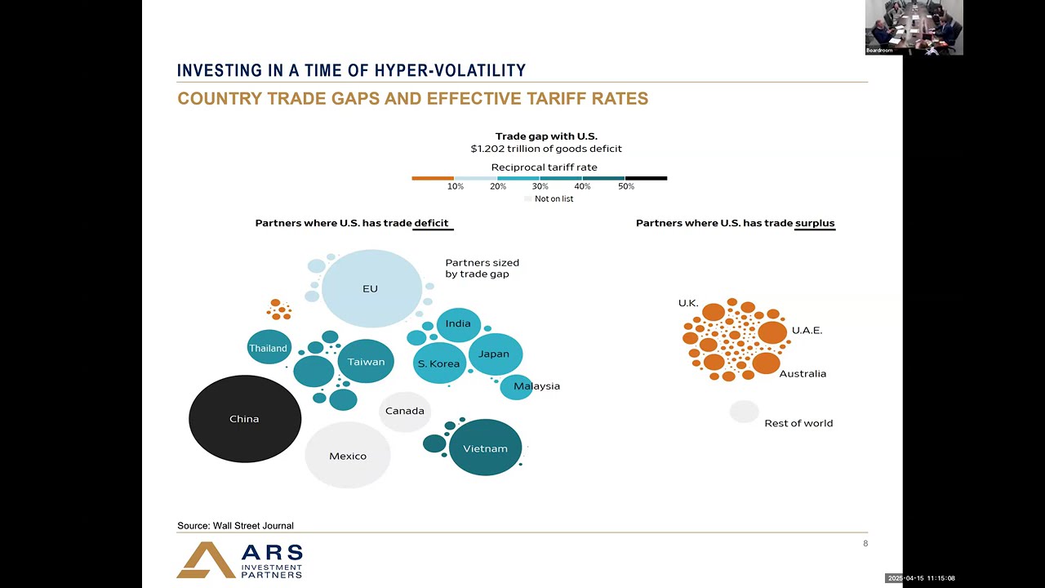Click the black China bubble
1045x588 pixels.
tap(245, 419)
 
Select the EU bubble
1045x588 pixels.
tap(371, 288)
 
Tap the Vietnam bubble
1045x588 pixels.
tap(485, 448)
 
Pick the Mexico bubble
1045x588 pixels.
tap(348, 455)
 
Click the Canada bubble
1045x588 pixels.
tap(404, 411)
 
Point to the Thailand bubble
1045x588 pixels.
tap(269, 347)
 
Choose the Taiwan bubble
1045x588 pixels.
tap(366, 361)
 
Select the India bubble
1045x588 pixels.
tap(459, 325)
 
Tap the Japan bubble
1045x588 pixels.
tap(496, 354)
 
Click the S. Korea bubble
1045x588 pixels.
tap(439, 363)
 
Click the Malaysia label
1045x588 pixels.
tap(536, 386)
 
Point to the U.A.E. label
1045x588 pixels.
tap(807, 331)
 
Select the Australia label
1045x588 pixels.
tap(803, 373)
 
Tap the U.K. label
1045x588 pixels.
tap(688, 303)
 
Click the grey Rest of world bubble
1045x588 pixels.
tap(744, 412)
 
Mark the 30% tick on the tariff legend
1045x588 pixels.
tap(540, 186)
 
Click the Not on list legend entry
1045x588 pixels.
tap(549, 198)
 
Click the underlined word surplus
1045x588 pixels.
tap(815, 223)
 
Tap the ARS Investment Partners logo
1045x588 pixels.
tap(239, 560)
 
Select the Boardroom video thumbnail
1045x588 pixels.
tap(914, 28)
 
